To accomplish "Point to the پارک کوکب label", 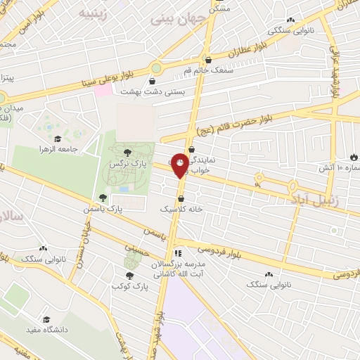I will coord(127,285).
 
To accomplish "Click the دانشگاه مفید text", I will coord(46,329).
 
